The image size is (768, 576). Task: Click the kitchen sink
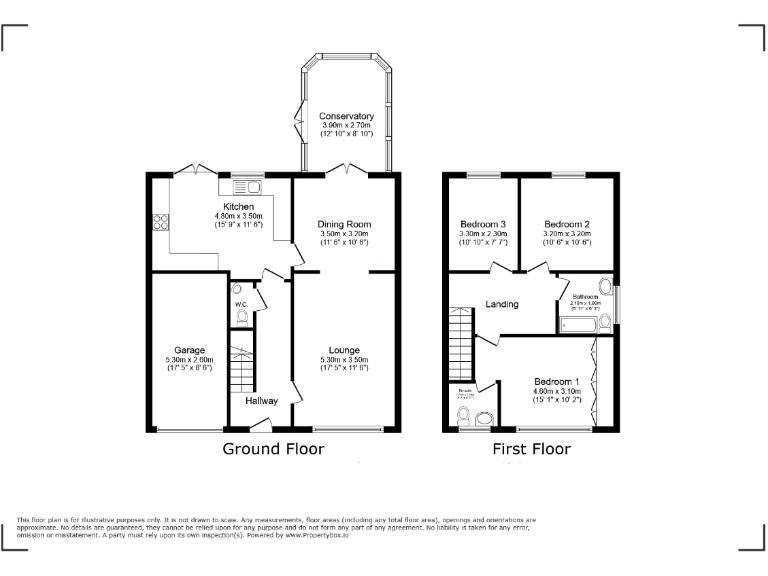tap(246, 187)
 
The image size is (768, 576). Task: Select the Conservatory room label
tap(347, 115)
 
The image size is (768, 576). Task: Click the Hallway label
tap(262, 400)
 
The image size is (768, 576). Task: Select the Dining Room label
tap(344, 224)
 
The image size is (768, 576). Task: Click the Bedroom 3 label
tap(483, 224)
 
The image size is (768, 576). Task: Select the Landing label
tap(501, 304)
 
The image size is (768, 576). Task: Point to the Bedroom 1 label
tap(556, 382)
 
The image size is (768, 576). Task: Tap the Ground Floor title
tap(272, 449)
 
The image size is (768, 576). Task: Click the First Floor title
tap(531, 449)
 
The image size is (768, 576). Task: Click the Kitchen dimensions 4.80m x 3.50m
tap(217, 216)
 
